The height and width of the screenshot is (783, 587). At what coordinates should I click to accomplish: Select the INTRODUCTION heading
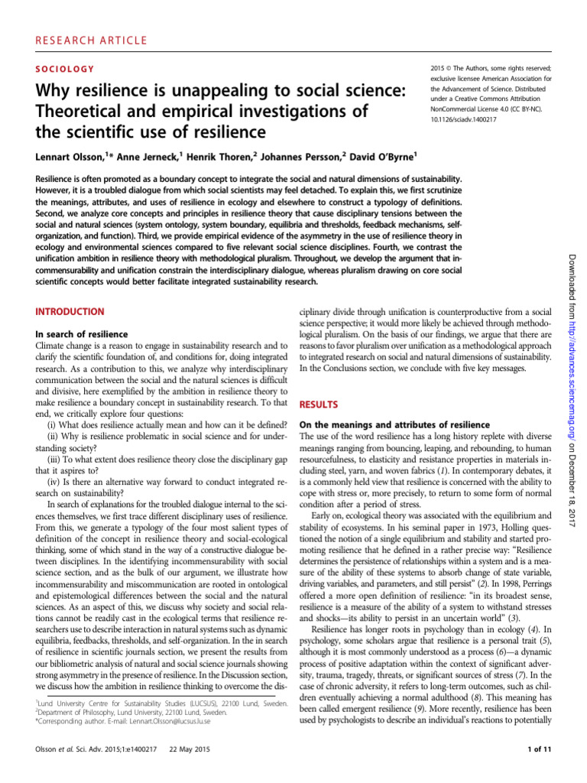tap(70, 312)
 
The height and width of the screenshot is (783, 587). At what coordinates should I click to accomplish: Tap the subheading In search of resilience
tap(86, 334)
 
